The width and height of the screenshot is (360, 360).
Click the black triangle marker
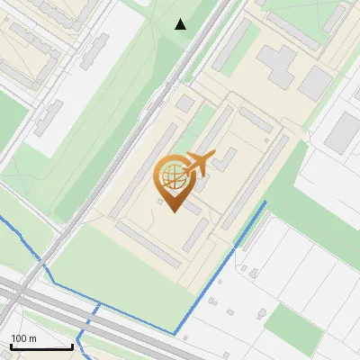coord(181,24)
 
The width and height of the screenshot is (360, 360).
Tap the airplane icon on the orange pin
coord(199,164)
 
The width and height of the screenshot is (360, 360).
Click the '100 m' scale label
coord(23,338)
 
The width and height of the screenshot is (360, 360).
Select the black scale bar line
coord(41,346)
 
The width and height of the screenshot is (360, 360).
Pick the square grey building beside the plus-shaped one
coord(316,83)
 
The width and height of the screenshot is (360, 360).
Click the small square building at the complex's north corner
coord(185,104)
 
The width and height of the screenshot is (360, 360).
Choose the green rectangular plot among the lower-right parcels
coord(288,324)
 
